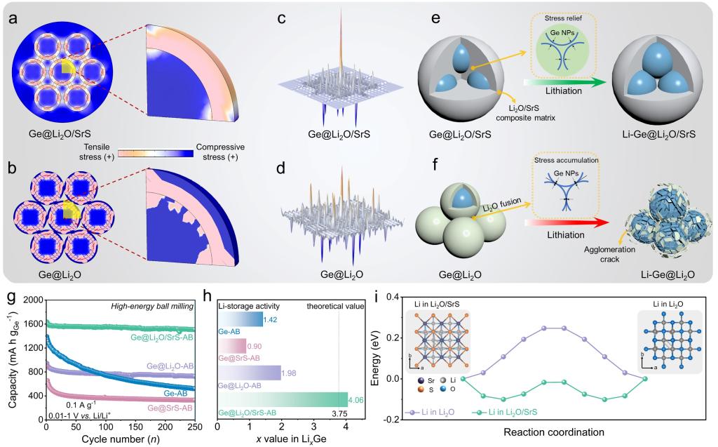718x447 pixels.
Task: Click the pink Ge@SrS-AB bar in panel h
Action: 232,345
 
